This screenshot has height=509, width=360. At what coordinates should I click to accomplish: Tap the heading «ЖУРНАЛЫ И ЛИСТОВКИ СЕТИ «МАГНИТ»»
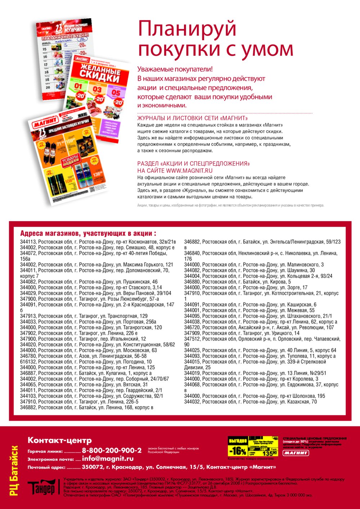tap(193, 118)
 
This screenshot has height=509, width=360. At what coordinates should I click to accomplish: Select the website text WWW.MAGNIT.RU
tap(189, 171)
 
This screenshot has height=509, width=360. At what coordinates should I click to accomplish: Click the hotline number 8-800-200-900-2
tap(112, 450)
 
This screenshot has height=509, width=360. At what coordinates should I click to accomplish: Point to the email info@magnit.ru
tap(108, 459)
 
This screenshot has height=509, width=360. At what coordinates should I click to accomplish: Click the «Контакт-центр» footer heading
tap(60, 440)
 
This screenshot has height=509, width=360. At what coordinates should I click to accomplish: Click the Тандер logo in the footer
tap(41, 487)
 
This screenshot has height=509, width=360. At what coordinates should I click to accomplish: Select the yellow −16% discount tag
tap(238, 451)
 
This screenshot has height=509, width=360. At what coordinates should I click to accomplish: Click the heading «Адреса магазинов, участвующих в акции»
tap(88, 233)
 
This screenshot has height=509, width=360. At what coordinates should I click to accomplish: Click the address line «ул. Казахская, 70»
tap(251, 402)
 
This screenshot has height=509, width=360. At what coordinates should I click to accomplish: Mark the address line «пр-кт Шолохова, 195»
tap(255, 396)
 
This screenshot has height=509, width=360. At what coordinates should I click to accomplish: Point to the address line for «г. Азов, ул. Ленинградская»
tap(83, 356)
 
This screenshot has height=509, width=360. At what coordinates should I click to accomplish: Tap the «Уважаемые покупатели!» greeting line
tap(175, 69)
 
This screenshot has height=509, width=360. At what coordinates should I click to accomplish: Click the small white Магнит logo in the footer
tap(296, 453)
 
